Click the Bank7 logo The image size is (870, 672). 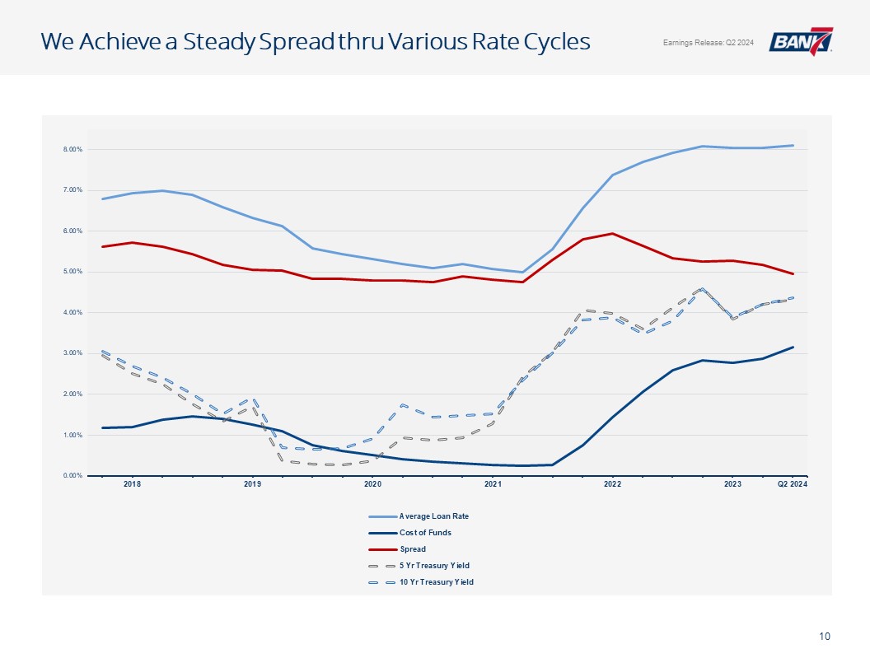coord(801,41)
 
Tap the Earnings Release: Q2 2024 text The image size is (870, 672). coord(708,43)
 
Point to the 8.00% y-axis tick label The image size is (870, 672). coord(72,150)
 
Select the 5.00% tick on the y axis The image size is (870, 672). coord(72,272)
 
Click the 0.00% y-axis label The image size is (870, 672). coord(72,476)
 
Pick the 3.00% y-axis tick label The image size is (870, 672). coord(72,353)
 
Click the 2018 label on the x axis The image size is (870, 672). coord(132,484)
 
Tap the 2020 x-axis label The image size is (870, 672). coord(372,484)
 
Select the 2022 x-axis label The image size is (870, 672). coord(613,484)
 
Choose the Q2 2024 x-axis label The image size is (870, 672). coord(793,484)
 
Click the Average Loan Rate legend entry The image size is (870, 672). coord(419,516)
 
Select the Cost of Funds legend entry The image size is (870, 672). coord(410,533)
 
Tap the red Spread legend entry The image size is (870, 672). coord(397,549)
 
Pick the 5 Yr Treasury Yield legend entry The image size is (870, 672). coord(419,566)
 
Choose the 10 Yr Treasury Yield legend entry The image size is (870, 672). coord(421,582)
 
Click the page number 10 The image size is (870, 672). coord(825,637)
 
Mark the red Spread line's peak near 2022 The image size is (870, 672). coord(613,233)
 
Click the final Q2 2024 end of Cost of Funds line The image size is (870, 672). coord(793,347)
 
